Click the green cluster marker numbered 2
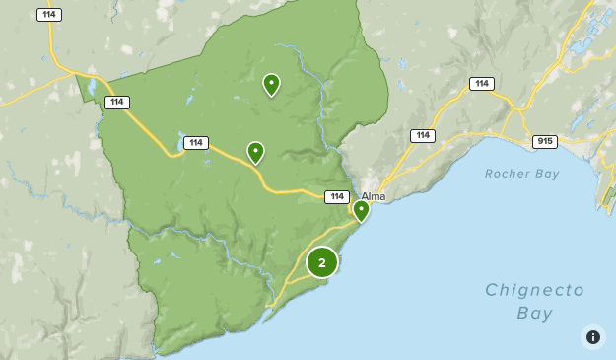tap(322, 262)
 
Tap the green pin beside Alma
tap(361, 210)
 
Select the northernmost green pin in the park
tap(271, 85)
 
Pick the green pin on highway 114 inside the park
tap(255, 152)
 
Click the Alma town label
tap(374, 196)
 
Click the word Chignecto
tap(534, 290)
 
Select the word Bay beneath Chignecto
tap(534, 313)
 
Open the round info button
tap(592, 337)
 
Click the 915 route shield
tap(544, 142)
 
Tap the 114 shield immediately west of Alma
tap(337, 197)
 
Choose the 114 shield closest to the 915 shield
tap(482, 84)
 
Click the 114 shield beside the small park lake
tap(195, 143)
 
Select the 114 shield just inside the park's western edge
tap(117, 103)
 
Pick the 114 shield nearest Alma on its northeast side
tap(423, 135)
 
